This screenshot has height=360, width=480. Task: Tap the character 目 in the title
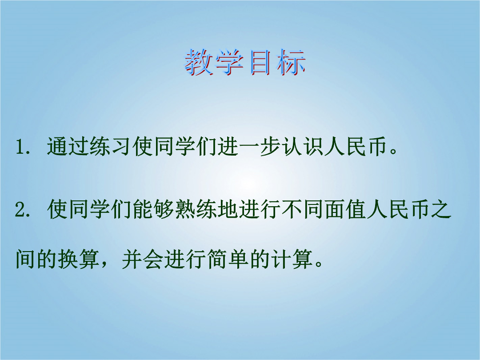(260, 63)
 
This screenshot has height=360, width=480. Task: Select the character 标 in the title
(291, 63)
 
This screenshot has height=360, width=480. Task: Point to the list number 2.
(21, 210)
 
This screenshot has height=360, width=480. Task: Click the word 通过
(68, 147)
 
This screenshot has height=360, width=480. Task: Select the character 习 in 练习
(121, 147)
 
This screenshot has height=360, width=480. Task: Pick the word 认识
(303, 147)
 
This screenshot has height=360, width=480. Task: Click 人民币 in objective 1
(355, 147)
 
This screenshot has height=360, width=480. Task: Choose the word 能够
(154, 210)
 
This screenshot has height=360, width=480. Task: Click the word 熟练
(196, 210)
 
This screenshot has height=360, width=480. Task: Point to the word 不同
(304, 210)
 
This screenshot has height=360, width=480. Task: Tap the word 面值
(346, 210)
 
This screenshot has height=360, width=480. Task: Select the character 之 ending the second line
(441, 210)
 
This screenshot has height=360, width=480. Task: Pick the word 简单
(228, 259)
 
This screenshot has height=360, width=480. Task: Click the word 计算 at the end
(292, 259)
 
